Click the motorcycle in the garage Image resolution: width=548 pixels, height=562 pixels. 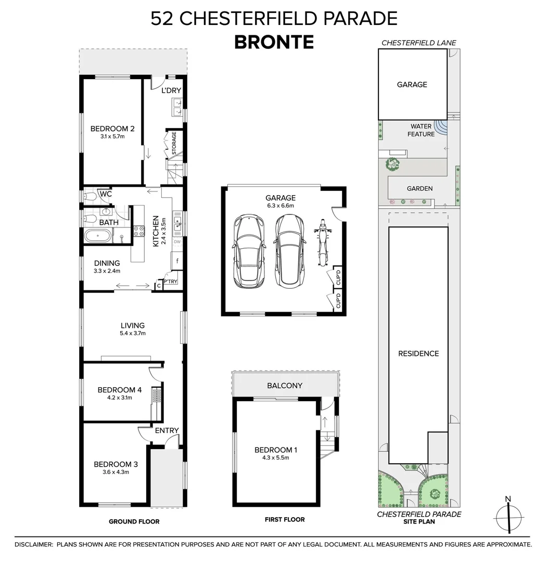point(323,242)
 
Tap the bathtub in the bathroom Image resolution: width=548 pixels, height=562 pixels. point(98,237)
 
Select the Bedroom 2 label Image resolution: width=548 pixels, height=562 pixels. point(112,129)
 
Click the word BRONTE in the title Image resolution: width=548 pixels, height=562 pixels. point(274,42)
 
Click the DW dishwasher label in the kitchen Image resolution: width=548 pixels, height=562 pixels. point(177,241)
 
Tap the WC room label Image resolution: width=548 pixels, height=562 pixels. point(106,194)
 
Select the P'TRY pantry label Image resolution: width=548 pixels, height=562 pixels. point(171,282)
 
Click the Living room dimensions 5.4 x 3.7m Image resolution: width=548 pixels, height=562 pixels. point(133,334)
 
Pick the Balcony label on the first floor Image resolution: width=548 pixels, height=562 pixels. point(285,386)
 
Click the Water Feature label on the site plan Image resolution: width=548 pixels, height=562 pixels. point(421,130)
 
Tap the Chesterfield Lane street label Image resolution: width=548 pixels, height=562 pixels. point(418,43)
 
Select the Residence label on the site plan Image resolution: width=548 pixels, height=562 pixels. point(418,354)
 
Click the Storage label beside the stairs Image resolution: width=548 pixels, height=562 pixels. point(174,143)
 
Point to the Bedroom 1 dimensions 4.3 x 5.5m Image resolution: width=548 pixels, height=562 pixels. point(276,458)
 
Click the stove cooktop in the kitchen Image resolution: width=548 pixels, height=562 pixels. point(139,231)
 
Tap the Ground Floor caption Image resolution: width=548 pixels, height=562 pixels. point(134,521)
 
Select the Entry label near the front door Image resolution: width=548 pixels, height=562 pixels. point(167,430)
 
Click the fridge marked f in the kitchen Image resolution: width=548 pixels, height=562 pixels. point(177,261)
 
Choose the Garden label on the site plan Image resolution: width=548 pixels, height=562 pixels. point(419,188)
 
